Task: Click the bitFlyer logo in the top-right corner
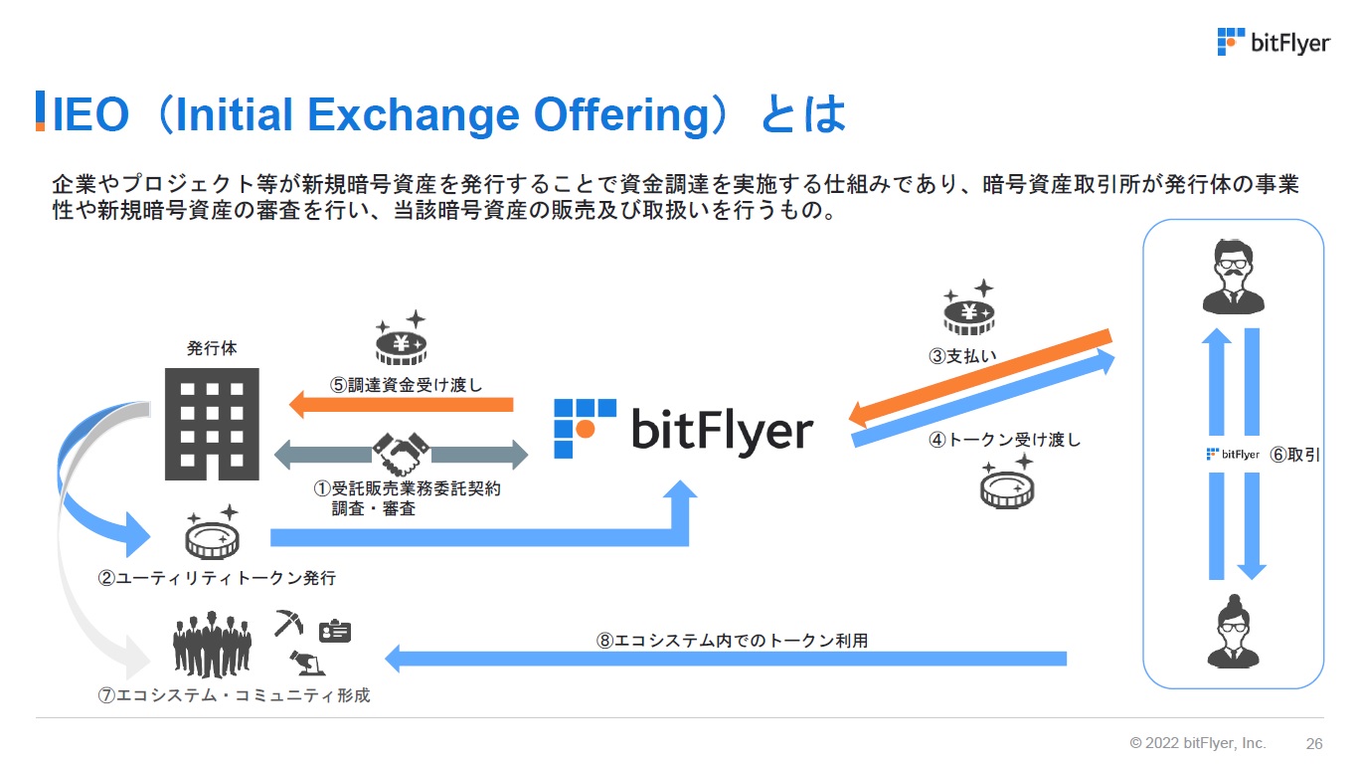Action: point(1274,42)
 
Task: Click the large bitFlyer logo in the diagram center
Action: point(684,429)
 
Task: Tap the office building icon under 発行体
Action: point(212,424)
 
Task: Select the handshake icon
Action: point(401,454)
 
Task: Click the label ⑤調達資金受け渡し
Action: point(406,385)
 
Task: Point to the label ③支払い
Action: point(962,356)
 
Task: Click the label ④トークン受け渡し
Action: point(1005,439)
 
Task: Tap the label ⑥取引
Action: point(1294,455)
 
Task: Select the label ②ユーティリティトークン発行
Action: point(217,578)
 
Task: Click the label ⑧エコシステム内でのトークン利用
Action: point(732,640)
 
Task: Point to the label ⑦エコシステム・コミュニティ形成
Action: point(234,694)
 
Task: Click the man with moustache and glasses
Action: point(1234,277)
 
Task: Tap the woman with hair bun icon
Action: point(1234,632)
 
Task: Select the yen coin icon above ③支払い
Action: point(969,307)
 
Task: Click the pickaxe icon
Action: point(288,623)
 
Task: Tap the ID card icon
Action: point(335,631)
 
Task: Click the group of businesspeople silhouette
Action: point(212,645)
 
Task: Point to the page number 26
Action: point(1314,744)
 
